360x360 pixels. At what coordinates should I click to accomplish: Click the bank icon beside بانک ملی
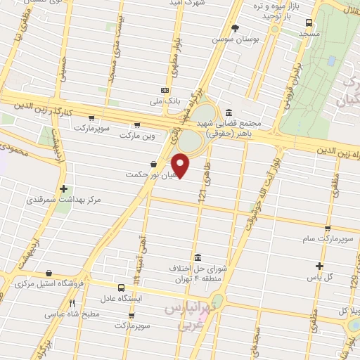pyautogui.click(x=165, y=90)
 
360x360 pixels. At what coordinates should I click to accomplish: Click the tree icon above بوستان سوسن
pyautogui.click(x=236, y=28)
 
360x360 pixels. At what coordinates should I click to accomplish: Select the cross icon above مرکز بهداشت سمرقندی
pyautogui.click(x=64, y=188)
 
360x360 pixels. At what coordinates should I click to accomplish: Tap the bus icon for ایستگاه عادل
pyautogui.click(x=122, y=288)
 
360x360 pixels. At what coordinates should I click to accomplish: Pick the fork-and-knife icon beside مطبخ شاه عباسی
pyautogui.click(x=72, y=304)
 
